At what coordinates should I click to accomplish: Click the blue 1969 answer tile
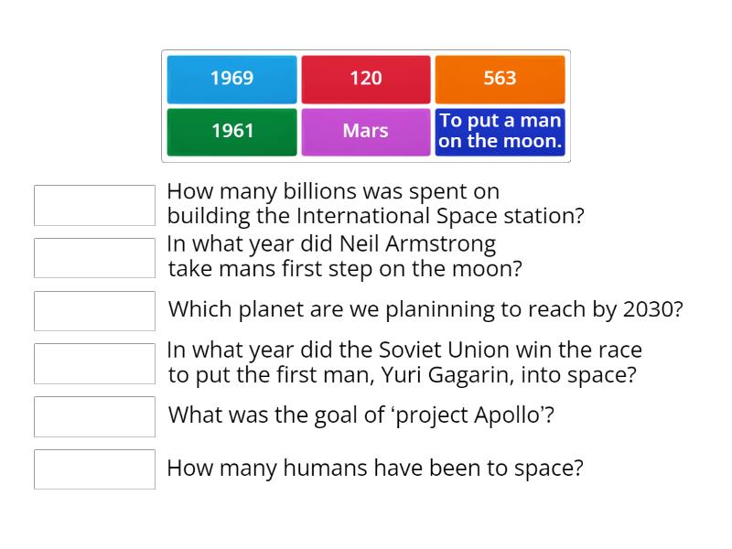[231, 79]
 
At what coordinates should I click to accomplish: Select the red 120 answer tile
[365, 79]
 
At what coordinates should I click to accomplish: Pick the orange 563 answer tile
[500, 79]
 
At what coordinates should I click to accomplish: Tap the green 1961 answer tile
[231, 132]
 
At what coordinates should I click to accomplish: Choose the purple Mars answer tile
[365, 132]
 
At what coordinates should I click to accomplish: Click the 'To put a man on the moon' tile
[500, 132]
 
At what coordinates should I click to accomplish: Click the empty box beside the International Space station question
[94, 205]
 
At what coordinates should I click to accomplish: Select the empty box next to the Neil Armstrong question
[94, 258]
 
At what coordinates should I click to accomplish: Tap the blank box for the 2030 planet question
[94, 311]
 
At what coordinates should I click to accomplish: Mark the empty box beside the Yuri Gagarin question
[94, 363]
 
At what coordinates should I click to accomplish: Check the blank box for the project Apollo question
[94, 416]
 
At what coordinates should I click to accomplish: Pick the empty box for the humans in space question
[94, 469]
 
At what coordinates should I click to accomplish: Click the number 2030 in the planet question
[650, 309]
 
